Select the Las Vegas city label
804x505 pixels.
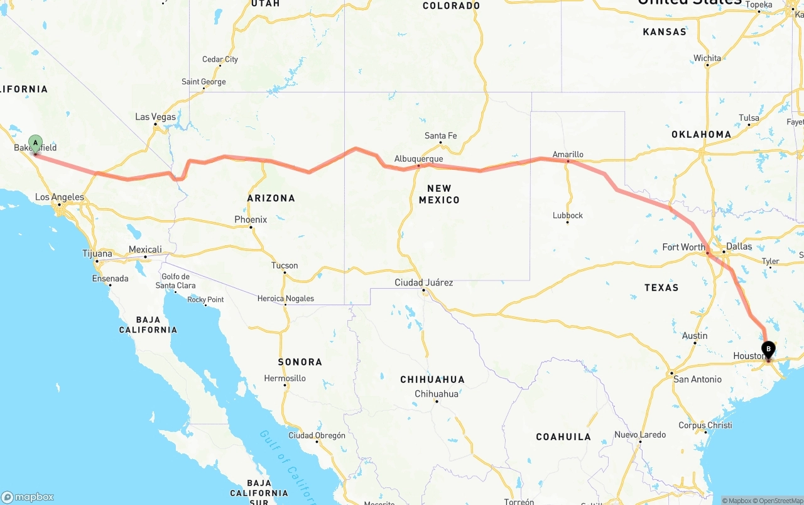tap(156, 117)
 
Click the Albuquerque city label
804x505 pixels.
tap(418, 159)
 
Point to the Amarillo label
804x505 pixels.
tap(568, 154)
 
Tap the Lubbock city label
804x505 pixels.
tap(568, 215)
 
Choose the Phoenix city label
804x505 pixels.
tap(251, 219)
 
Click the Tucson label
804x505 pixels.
tap(285, 265)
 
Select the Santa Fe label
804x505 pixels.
tap(440, 136)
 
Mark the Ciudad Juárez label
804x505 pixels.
tap(423, 282)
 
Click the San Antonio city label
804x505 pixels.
tap(697, 379)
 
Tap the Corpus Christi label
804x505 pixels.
tap(705, 425)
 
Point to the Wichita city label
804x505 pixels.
tap(707, 58)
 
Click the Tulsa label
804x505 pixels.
tap(749, 118)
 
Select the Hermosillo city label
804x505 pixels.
tap(285, 378)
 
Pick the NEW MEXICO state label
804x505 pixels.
tap(439, 194)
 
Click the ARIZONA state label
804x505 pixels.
tap(271, 198)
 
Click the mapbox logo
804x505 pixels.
tap(27, 497)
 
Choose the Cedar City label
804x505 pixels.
tap(220, 59)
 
